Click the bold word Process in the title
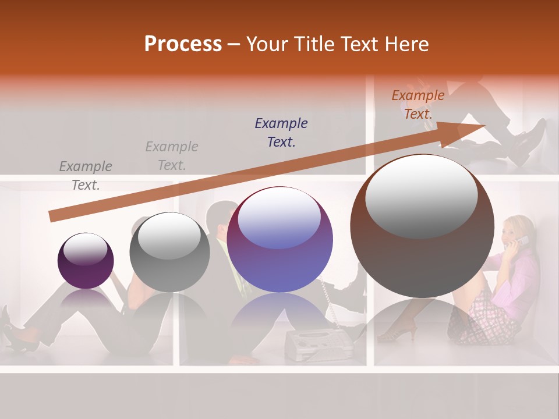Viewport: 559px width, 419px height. [x=183, y=44]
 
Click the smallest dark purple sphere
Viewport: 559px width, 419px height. [x=86, y=261]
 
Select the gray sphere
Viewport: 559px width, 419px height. [x=169, y=252]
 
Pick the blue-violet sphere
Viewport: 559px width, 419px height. [x=280, y=240]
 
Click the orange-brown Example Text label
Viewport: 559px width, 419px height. [x=418, y=105]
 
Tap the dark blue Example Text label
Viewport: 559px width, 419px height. [x=281, y=132]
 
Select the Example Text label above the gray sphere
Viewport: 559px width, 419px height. [x=172, y=155]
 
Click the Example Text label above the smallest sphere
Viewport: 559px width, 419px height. [x=86, y=175]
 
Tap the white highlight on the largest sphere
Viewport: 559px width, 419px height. [x=421, y=197]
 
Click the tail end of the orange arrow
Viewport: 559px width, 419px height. [x=52, y=216]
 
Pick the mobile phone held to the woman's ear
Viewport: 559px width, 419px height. [x=523, y=240]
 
